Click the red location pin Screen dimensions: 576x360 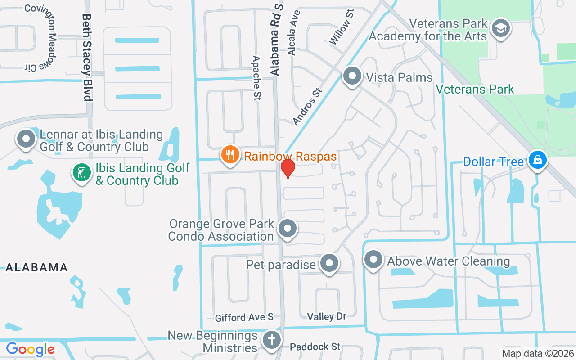pyautogui.click(x=288, y=168)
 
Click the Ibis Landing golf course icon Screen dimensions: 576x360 pyautogui.click(x=81, y=173)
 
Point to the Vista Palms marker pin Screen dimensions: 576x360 pyautogui.click(x=352, y=76)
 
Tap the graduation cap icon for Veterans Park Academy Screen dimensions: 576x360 pyautogui.click(x=500, y=28)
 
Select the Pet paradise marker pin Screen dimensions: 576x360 pyautogui.click(x=329, y=263)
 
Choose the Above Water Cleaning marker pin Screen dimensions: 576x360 pyautogui.click(x=373, y=260)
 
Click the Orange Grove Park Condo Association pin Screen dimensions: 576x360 pyautogui.click(x=287, y=229)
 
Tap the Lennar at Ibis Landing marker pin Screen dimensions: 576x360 pyautogui.click(x=26, y=139)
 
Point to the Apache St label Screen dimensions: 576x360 pyautogui.click(x=257, y=78)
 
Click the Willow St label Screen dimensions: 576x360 pyautogui.click(x=342, y=28)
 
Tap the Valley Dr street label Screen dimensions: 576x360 pyautogui.click(x=327, y=317)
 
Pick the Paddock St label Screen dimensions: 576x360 pyautogui.click(x=315, y=346)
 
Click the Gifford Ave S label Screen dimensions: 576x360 pyautogui.click(x=244, y=318)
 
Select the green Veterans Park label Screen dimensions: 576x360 pyautogui.click(x=475, y=89)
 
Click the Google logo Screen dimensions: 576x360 pyautogui.click(x=30, y=349)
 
